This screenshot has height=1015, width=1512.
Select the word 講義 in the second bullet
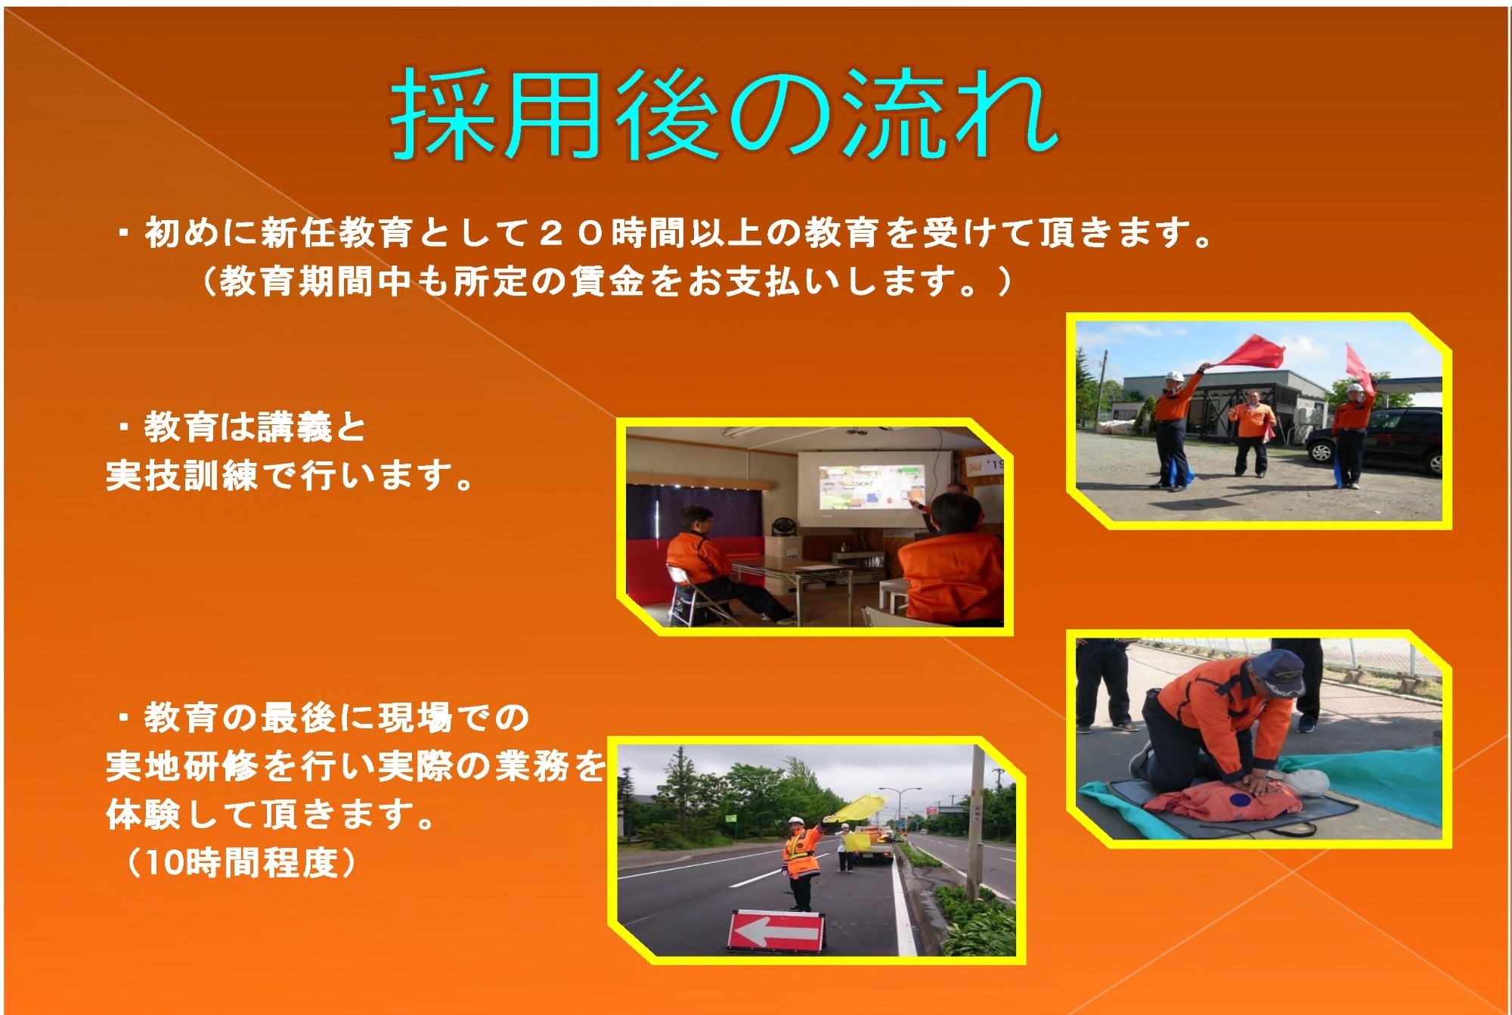tap(294, 427)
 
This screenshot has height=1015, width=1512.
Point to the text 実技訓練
tap(182, 476)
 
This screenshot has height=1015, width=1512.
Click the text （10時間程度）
tap(240, 863)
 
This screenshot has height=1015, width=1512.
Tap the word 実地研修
tap(182, 766)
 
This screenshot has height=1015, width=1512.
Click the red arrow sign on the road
tap(776, 931)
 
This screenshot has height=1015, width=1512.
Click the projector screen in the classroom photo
tap(875, 488)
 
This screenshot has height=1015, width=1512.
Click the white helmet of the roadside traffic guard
tap(795, 821)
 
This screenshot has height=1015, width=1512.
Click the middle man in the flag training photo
tap(1251, 432)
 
